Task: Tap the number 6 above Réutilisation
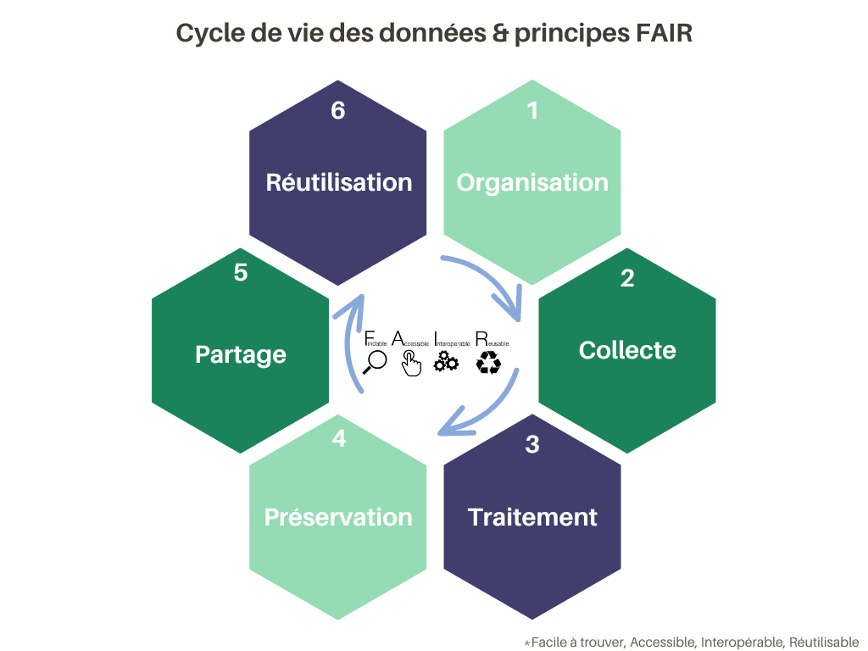[x=338, y=111]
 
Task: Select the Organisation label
[x=532, y=182]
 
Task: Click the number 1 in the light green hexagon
[x=532, y=111]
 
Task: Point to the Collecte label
[x=627, y=350]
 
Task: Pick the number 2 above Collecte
[x=627, y=278]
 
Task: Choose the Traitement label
[x=532, y=517]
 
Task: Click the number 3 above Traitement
[x=532, y=444]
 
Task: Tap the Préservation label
[x=338, y=517]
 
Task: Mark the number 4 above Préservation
[x=339, y=440]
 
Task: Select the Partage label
[x=241, y=354]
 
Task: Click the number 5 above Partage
[x=241, y=274]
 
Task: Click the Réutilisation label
[x=339, y=182]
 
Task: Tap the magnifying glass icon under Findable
[x=374, y=362]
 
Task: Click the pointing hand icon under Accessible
[x=411, y=364]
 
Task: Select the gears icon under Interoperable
[x=446, y=363]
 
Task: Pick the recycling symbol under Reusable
[x=489, y=363]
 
